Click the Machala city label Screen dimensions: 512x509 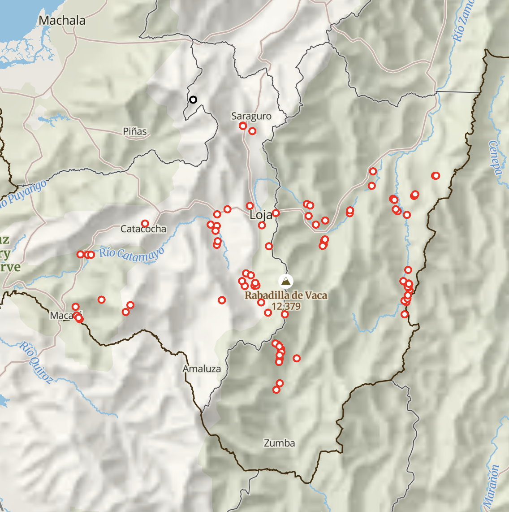62,20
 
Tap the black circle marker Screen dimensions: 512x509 193,100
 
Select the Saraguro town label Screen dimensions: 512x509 251,116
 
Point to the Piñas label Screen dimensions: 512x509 135,131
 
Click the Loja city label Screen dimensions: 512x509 261,215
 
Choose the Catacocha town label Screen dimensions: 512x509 143,229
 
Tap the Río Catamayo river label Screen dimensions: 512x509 131,253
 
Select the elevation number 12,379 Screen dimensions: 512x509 286,306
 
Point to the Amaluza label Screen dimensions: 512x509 202,369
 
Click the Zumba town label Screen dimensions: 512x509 279,443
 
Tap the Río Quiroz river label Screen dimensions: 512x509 35,362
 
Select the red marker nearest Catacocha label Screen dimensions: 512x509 145,223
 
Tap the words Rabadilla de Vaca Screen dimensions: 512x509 286,295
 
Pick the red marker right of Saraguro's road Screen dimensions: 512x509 252,131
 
